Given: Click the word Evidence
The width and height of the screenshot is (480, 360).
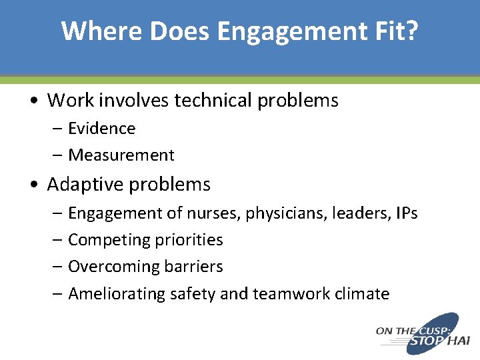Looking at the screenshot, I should [x=101, y=128].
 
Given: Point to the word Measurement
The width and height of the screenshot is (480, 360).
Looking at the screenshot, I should [x=121, y=155].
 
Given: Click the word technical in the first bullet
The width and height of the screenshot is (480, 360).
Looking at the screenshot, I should [x=214, y=101].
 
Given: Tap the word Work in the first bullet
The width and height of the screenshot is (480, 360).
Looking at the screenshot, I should [x=71, y=101].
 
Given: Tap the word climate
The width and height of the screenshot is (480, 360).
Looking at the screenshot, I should [x=363, y=293].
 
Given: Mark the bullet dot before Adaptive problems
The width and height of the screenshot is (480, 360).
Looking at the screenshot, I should [x=33, y=185].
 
